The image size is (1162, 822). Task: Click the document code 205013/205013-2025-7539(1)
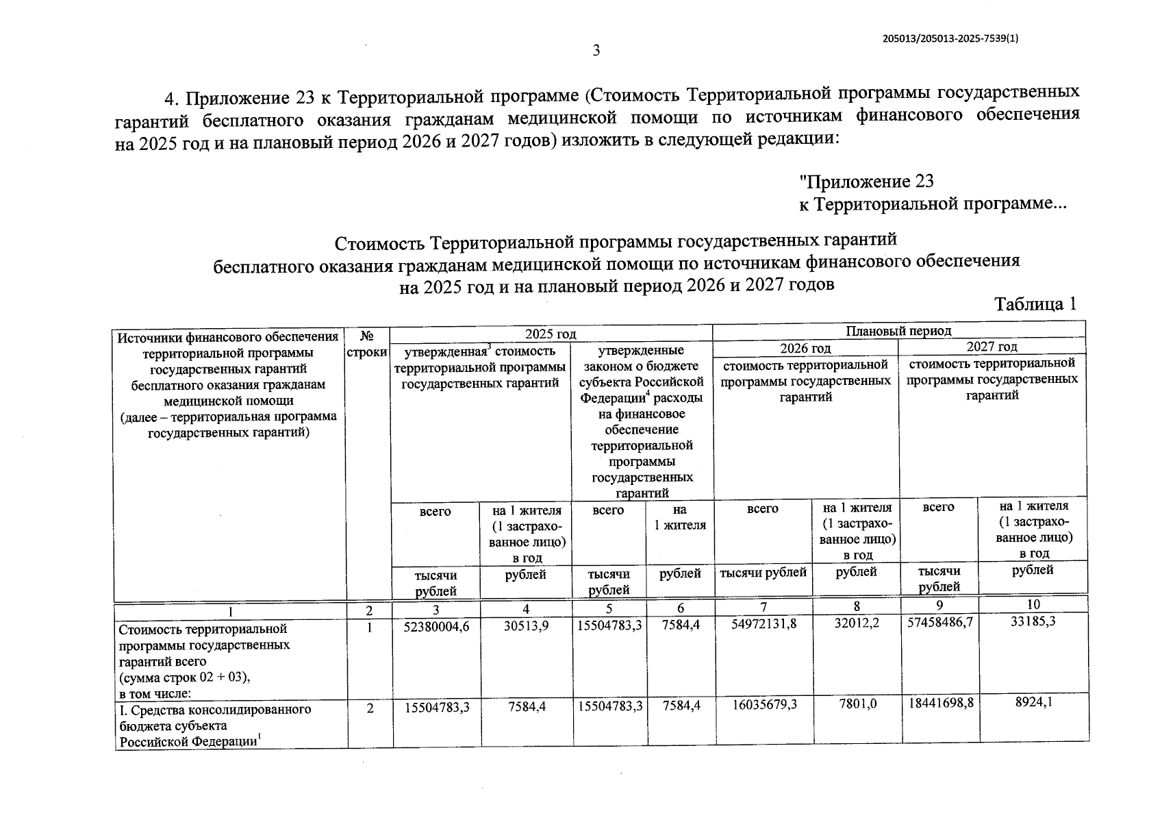[x=951, y=39]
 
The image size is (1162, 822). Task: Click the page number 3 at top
[x=596, y=51]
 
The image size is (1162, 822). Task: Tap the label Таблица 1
[x=1035, y=304]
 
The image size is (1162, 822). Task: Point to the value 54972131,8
[x=763, y=625]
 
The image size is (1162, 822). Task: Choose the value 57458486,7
[x=939, y=623]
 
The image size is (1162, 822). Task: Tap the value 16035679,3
[x=763, y=705]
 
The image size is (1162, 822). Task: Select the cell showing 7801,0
[x=857, y=704]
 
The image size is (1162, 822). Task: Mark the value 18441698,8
[x=939, y=703]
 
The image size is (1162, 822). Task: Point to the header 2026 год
[x=806, y=348]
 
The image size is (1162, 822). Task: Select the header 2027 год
[x=992, y=347]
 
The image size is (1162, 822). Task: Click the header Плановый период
[x=898, y=332]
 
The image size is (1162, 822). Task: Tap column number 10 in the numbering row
[x=1034, y=604]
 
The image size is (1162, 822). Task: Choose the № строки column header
[x=368, y=344]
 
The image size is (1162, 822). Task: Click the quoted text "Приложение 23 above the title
[x=867, y=182]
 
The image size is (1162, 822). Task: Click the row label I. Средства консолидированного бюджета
[x=215, y=710]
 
